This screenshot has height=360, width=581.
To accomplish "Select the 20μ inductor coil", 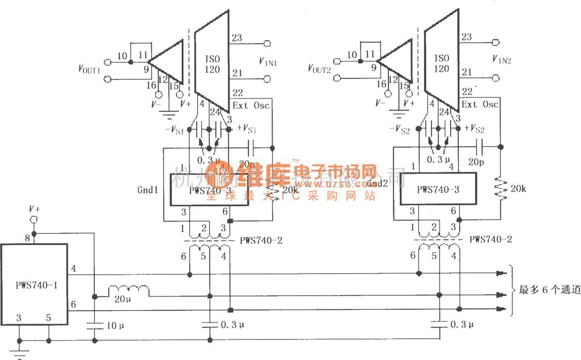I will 128,291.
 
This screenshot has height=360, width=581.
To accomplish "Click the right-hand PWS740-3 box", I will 438,189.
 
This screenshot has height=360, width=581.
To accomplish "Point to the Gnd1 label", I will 148,190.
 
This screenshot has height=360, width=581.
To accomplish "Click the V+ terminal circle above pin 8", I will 34,220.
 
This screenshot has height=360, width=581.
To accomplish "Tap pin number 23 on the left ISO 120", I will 237,38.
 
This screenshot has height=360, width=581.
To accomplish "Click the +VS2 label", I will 474,129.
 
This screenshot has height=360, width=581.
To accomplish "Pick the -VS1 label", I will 174,131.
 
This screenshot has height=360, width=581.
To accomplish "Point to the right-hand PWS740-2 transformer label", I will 491,239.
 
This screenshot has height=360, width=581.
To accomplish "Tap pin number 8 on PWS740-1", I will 27,238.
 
